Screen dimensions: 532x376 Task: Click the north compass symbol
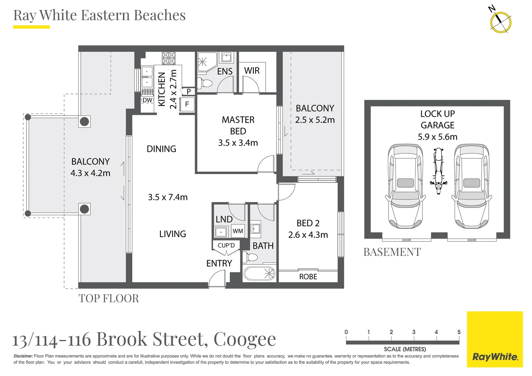500,22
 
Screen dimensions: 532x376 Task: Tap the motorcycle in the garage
438,171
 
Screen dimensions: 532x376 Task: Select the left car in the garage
405,186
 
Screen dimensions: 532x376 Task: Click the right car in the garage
471,186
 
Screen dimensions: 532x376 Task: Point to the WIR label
252,71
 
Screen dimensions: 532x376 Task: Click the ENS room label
225,71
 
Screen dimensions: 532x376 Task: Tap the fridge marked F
187,104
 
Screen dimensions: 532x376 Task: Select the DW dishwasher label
147,100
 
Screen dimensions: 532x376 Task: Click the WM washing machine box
238,231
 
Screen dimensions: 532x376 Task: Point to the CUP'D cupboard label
226,245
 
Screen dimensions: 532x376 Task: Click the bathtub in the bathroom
259,274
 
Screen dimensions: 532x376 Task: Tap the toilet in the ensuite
205,83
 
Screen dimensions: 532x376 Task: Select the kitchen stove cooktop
169,58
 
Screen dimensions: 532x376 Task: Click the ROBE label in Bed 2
308,277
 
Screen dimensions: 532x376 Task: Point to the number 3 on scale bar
414,332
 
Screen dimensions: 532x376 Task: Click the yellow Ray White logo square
495,339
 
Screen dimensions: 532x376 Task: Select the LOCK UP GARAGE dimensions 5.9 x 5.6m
438,137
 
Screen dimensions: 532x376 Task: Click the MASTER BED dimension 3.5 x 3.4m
238,143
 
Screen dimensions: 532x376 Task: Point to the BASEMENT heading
392,252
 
